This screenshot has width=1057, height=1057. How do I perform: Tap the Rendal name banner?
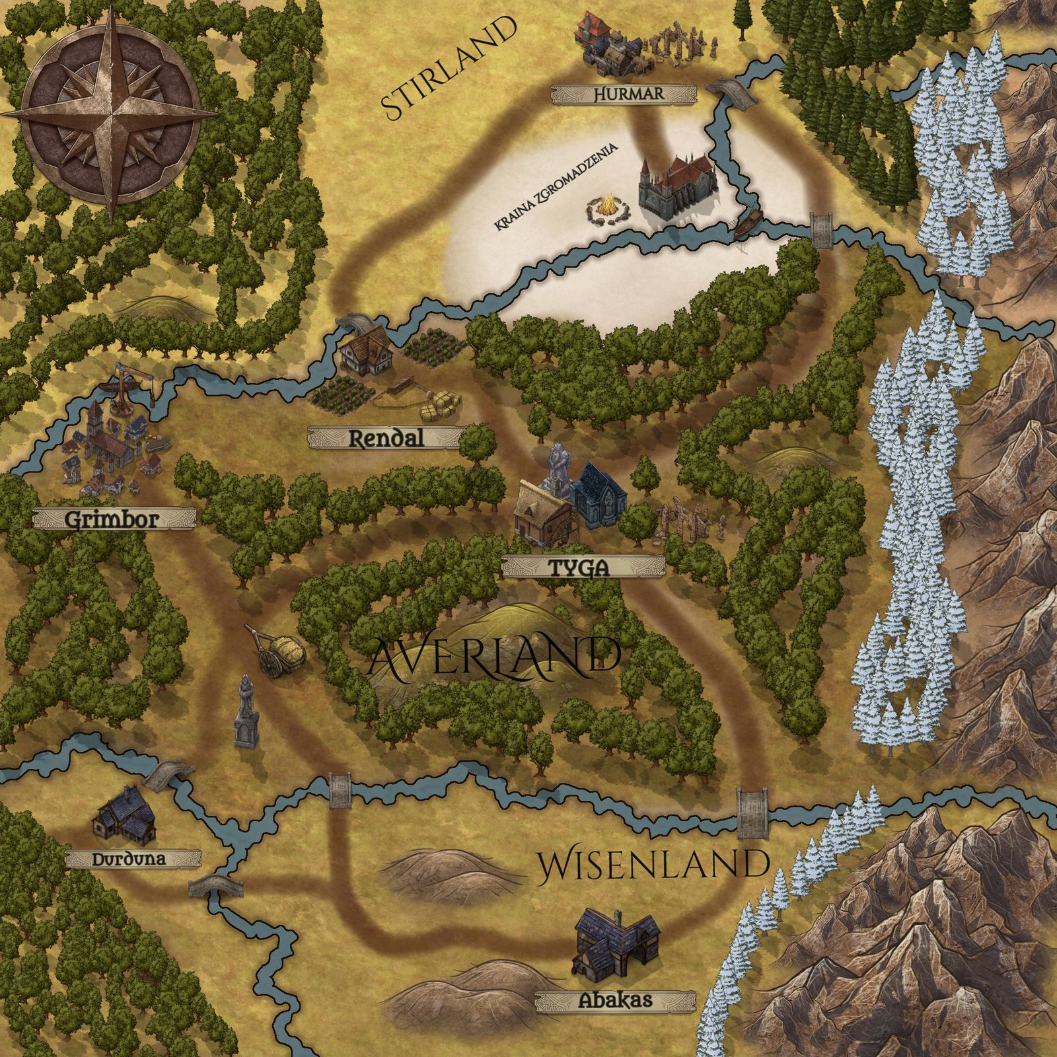(x=386, y=438)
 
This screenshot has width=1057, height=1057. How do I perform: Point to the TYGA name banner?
(x=582, y=567)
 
